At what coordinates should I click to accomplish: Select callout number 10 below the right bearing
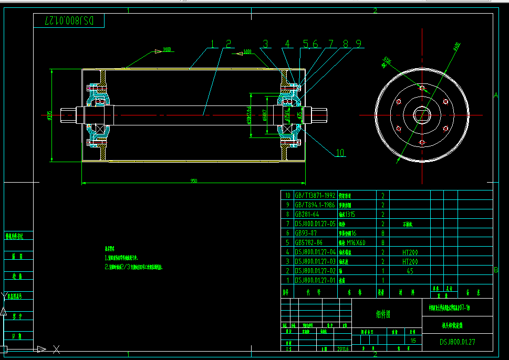coord(340,153)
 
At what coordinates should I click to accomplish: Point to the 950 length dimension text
coord(194,181)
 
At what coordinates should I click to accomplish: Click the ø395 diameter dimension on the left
coord(49,116)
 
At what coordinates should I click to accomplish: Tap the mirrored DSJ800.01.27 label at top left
coord(69,21)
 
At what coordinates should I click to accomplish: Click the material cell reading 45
coord(409,271)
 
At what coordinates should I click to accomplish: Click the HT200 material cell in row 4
coord(409,252)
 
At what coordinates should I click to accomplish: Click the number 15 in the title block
coord(413,341)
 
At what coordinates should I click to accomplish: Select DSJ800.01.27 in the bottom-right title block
coord(458,342)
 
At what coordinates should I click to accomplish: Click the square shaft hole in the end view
coord(421,113)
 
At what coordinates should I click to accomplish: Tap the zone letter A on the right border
coord(495,95)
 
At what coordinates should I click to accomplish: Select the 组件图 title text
coord(382,314)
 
